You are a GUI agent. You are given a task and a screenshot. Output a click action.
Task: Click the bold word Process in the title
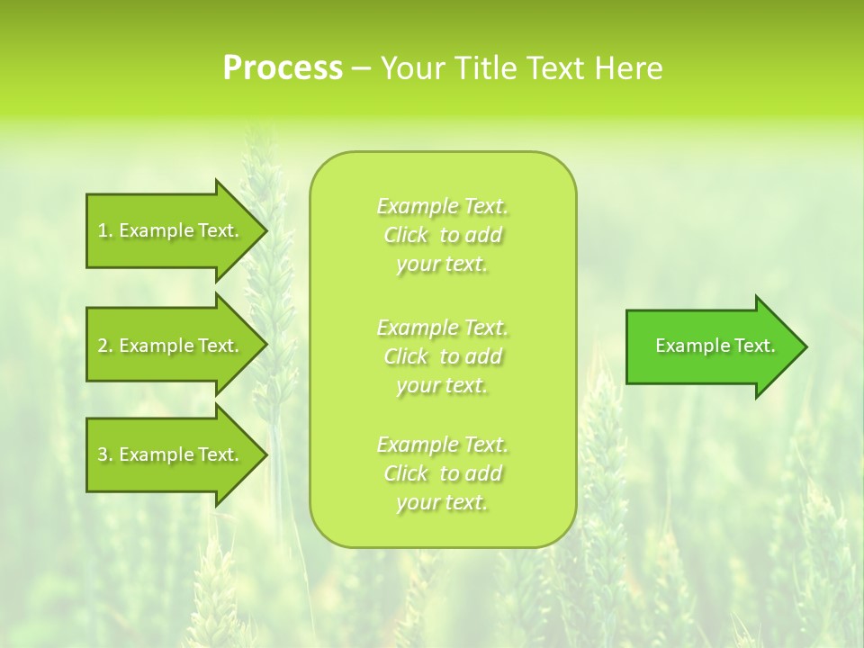pos(283,68)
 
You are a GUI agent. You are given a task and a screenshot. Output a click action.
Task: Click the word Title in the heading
pos(486,68)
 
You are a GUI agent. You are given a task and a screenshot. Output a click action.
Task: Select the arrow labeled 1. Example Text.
pos(168,230)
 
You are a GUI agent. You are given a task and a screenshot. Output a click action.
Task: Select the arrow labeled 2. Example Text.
pos(168,346)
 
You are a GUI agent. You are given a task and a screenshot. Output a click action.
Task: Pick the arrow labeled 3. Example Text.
pos(168,454)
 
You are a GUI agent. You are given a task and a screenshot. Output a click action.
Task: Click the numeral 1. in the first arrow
pos(105,230)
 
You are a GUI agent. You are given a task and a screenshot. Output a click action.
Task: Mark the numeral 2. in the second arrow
pos(105,346)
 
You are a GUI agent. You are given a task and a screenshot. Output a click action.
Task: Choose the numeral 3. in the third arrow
pos(105,454)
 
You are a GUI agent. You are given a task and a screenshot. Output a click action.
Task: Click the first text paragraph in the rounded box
pos(443,235)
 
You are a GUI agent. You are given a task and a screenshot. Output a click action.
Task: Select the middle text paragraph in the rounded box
pos(443,356)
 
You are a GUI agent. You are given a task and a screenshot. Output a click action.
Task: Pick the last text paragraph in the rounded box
pos(443,473)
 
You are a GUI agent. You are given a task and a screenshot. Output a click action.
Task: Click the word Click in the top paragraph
pos(406,236)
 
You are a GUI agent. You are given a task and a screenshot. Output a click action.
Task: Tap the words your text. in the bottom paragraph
pos(442,503)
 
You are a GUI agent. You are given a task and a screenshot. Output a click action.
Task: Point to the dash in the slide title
pos(361,68)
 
